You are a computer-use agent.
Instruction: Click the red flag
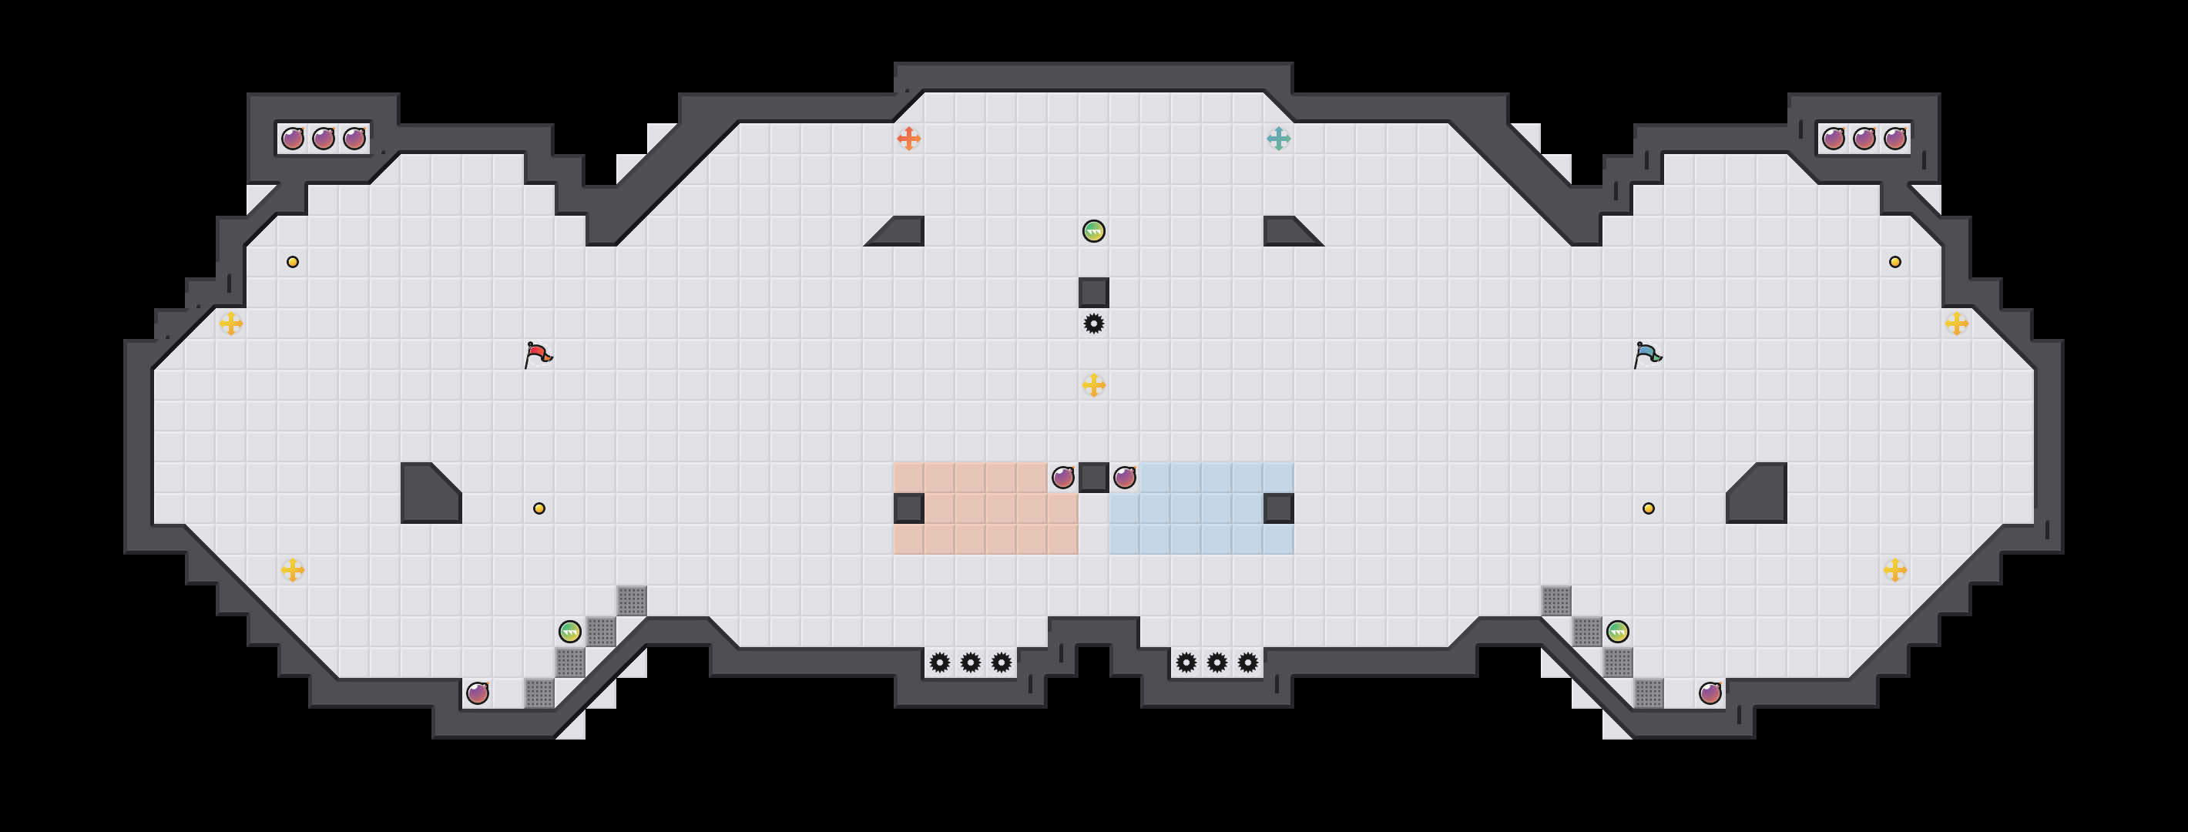[538, 354]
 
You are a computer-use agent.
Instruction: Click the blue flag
[1647, 354]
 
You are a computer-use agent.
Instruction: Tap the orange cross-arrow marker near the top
[909, 139]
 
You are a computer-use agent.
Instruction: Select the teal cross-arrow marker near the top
[1278, 139]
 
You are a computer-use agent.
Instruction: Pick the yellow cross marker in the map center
[1094, 385]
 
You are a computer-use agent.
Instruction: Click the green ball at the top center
[1094, 231]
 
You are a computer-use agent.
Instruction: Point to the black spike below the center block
[1094, 324]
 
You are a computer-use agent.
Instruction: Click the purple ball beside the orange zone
[1062, 477]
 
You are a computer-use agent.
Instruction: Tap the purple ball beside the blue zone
[1125, 477]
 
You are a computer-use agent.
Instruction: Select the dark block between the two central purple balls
[1094, 477]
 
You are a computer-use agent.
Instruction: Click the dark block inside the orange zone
[909, 508]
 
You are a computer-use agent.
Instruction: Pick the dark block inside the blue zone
[1278, 508]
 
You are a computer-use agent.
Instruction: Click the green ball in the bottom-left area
[570, 632]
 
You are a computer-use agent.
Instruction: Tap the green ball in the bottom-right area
[1617, 632]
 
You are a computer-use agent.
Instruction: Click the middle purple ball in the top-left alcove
[324, 139]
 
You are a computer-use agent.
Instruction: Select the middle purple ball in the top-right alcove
[1864, 139]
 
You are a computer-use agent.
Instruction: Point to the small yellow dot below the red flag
[539, 508]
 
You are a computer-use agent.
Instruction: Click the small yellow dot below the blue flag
[1649, 508]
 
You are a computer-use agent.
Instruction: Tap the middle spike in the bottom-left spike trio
[971, 663]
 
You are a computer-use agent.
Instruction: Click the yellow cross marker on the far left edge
[231, 324]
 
